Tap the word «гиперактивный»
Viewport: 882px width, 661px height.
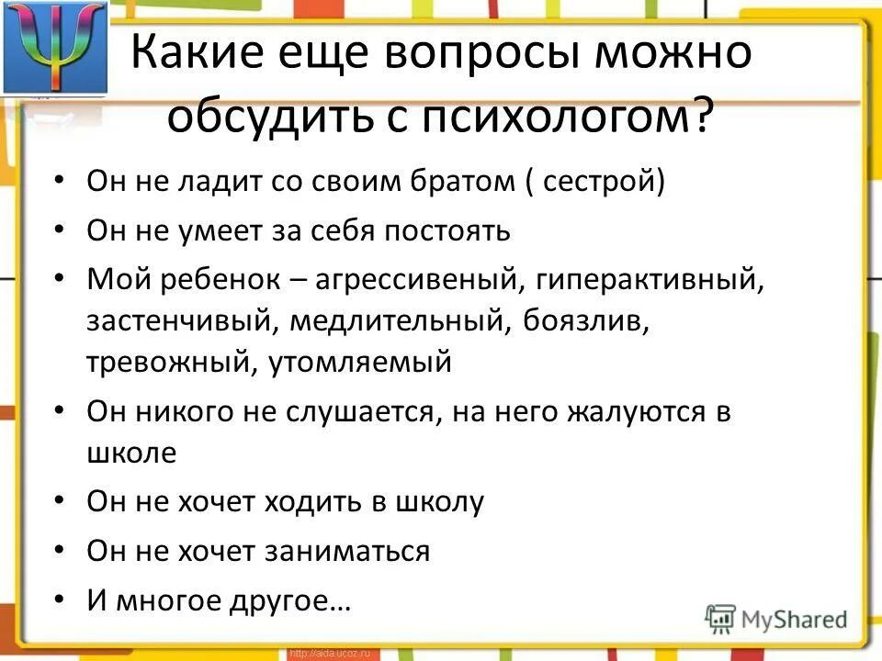(x=645, y=279)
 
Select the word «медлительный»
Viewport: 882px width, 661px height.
(x=403, y=320)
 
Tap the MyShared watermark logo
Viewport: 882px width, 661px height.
(x=776, y=618)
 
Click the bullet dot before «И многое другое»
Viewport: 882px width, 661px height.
(x=60, y=600)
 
